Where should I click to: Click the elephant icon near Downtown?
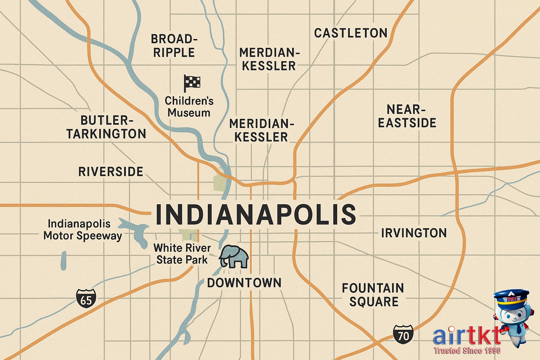(x=234, y=257)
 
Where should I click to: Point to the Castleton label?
(x=351, y=33)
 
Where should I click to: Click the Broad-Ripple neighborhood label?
(x=174, y=45)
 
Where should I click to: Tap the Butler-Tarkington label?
(x=106, y=127)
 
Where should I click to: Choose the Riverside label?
(x=111, y=172)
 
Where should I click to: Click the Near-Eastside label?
(x=407, y=116)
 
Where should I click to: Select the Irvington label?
(x=414, y=233)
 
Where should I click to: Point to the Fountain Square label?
(x=373, y=295)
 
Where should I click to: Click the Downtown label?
(x=244, y=283)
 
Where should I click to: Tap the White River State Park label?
(x=182, y=253)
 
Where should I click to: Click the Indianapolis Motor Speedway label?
(x=83, y=230)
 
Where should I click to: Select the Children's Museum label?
(x=189, y=107)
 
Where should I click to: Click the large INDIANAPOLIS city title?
(x=256, y=214)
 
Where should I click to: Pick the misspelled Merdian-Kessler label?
(x=269, y=59)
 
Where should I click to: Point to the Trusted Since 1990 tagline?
(x=467, y=351)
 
